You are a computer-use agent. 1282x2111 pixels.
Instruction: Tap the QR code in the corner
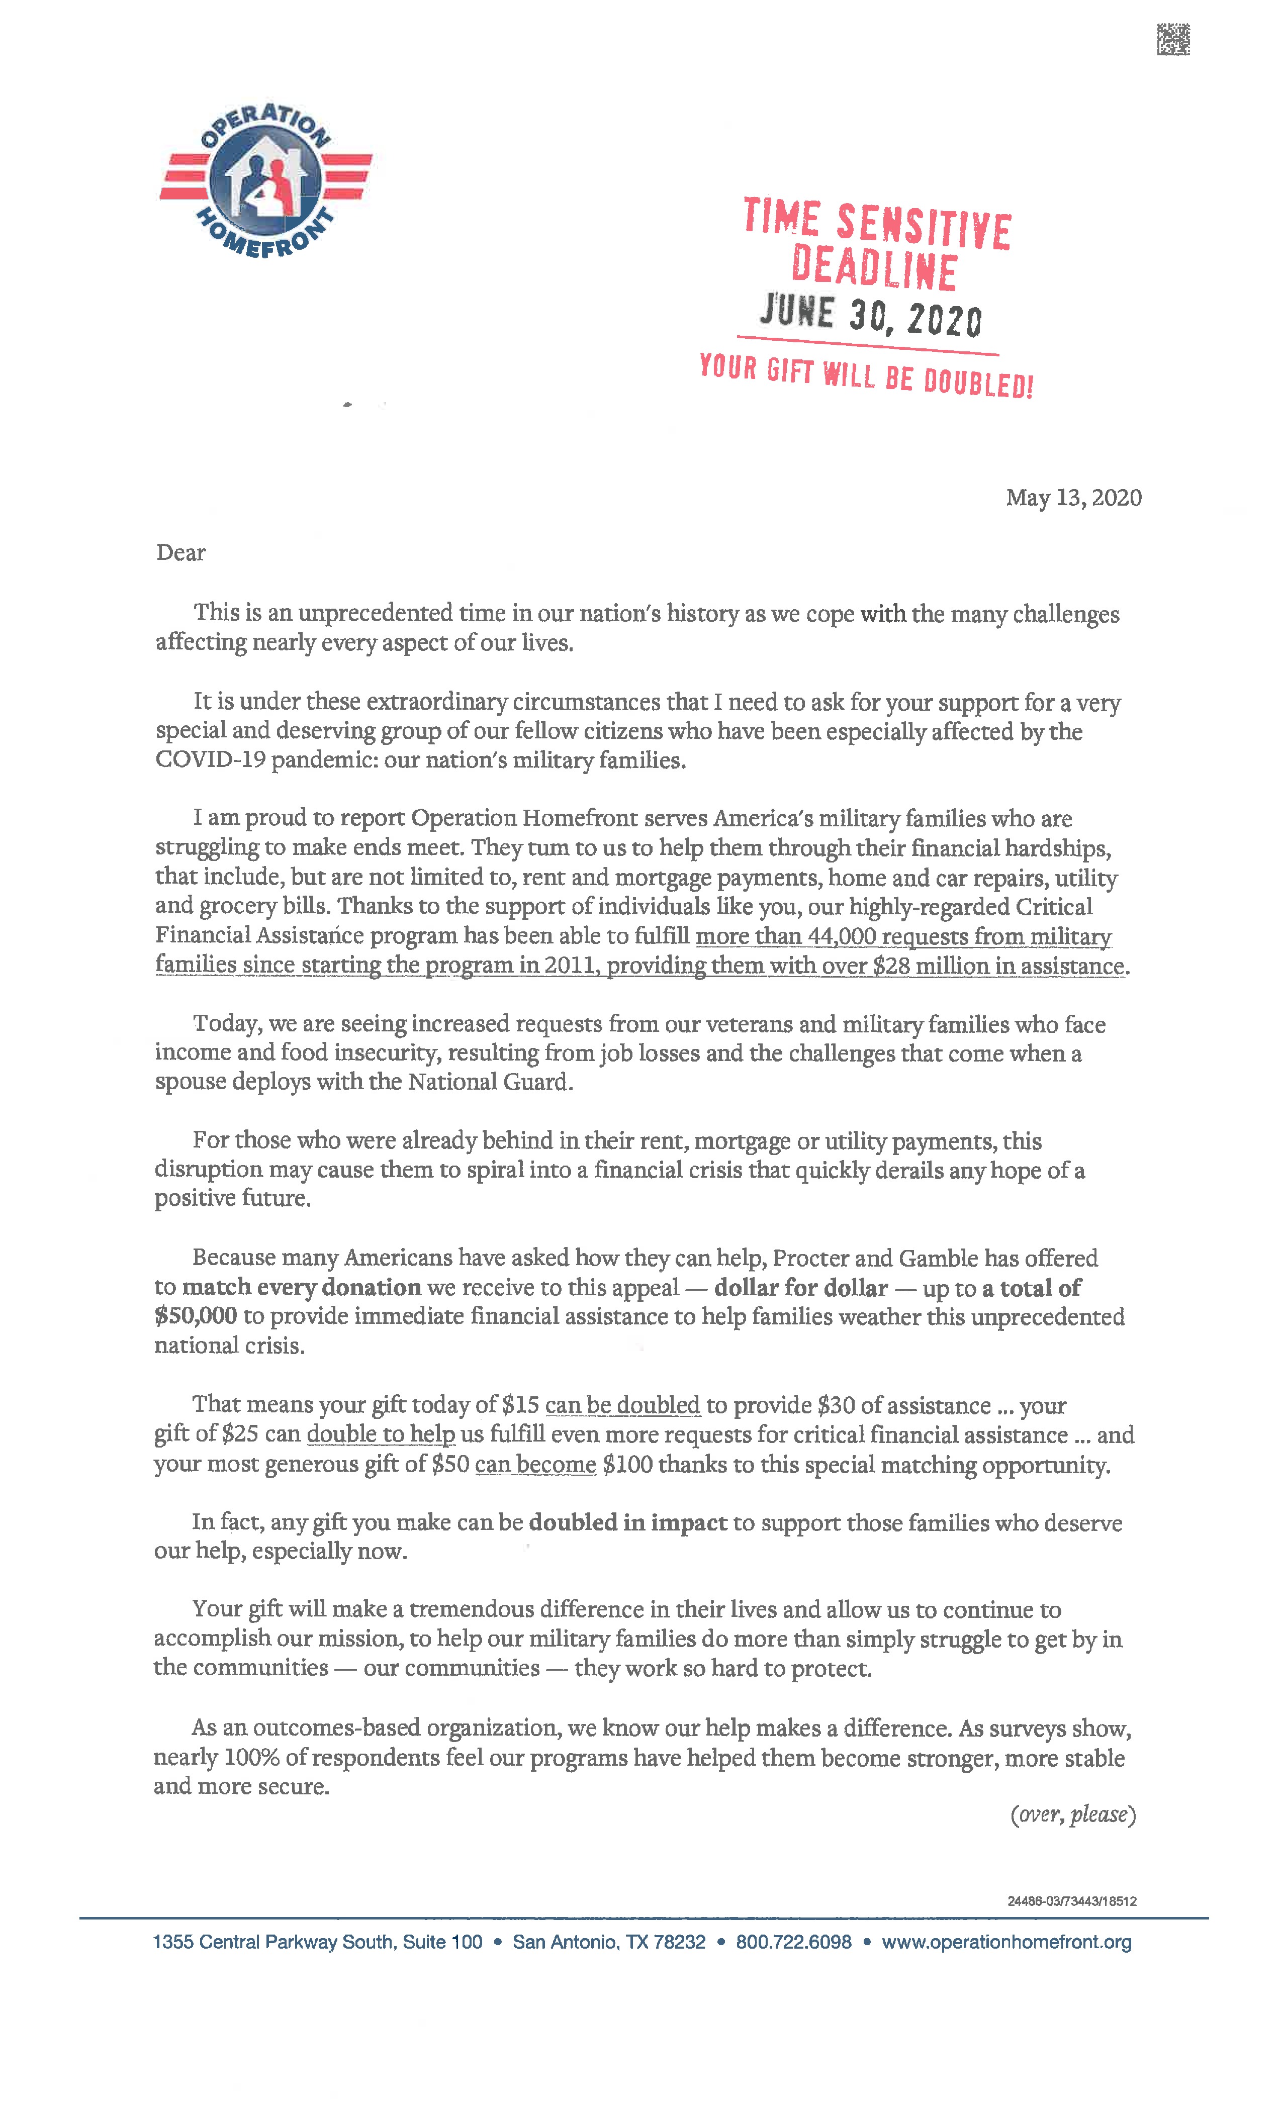(1173, 39)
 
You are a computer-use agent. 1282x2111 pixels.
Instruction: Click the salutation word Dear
(181, 552)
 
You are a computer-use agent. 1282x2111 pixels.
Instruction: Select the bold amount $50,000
(196, 1316)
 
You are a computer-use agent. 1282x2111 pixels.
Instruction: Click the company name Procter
(810, 1258)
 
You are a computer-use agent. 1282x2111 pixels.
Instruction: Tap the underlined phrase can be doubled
(622, 1405)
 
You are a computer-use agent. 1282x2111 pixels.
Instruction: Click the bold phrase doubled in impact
(627, 1522)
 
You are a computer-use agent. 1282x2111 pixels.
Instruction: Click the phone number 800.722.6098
(793, 1942)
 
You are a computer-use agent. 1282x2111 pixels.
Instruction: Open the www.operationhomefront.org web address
(1006, 1942)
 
